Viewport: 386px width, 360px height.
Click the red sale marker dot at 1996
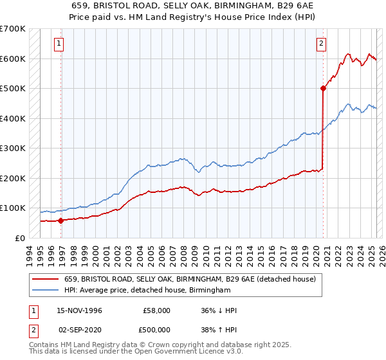click(x=61, y=221)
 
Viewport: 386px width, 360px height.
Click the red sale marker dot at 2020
click(x=322, y=89)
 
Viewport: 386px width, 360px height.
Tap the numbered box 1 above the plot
click(x=59, y=44)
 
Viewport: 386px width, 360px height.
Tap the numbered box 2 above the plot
click(x=320, y=44)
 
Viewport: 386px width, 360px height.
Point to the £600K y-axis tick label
click(x=13, y=59)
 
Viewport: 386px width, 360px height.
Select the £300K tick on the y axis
click(x=13, y=148)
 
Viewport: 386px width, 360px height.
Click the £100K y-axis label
click(x=13, y=208)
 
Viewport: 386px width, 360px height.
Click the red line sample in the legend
click(x=46, y=280)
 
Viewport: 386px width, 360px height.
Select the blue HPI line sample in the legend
click(x=46, y=291)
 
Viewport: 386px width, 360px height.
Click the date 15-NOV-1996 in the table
click(x=79, y=310)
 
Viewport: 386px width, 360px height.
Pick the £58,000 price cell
click(x=157, y=310)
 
